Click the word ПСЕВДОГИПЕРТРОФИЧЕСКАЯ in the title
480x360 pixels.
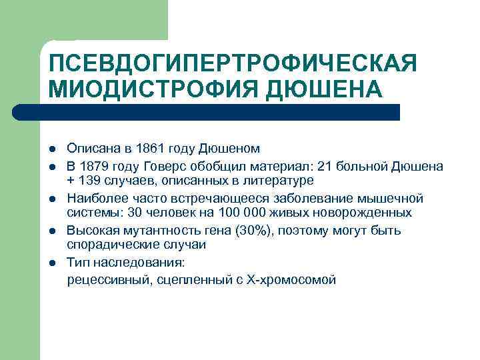(232, 65)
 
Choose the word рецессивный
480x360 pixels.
(109, 280)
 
